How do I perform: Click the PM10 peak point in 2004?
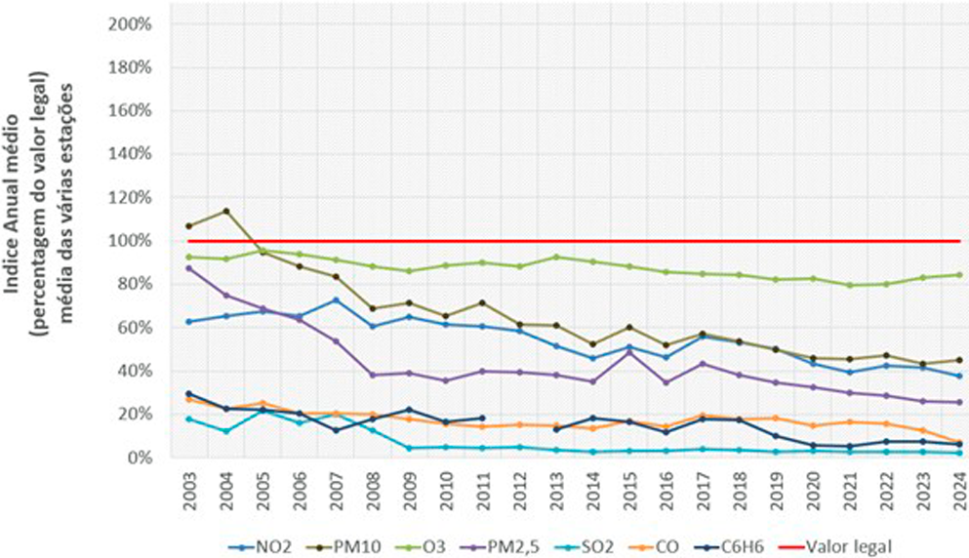point(225,211)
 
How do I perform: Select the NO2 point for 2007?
point(336,299)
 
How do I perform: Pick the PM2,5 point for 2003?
point(188,268)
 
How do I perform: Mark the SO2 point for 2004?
point(225,431)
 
